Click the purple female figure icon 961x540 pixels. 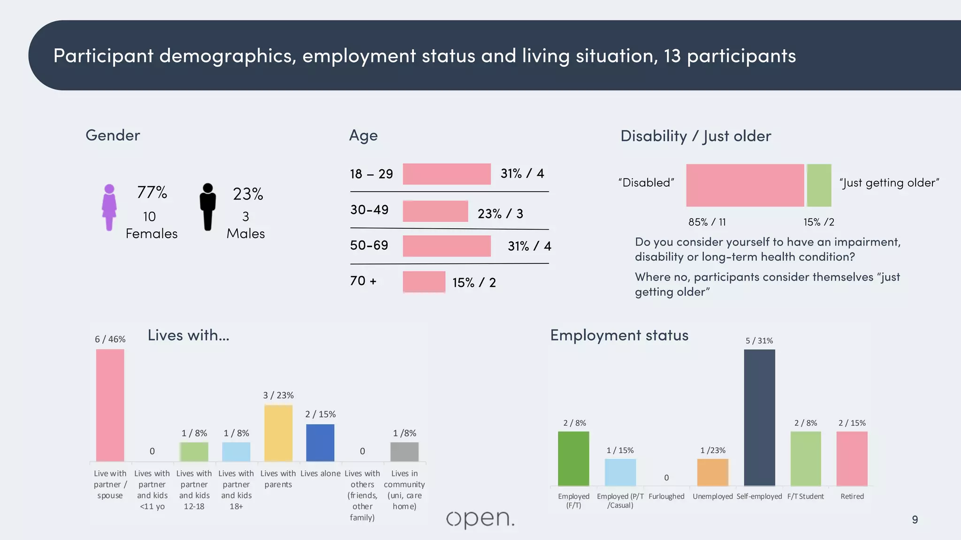[109, 207]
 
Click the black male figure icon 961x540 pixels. [207, 207]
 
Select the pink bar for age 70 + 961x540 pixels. [424, 282]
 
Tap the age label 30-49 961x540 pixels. [369, 210]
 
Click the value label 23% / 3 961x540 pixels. [500, 214]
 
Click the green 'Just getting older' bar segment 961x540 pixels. [819, 185]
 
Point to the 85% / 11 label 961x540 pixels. [707, 222]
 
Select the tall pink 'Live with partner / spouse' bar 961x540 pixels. [110, 405]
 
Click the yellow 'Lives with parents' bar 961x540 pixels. [278, 433]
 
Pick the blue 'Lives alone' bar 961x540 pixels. [320, 442]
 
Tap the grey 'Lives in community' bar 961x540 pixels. [404, 451]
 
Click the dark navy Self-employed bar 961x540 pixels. [759, 417]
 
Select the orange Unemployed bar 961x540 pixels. [712, 472]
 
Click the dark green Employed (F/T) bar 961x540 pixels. [573, 458]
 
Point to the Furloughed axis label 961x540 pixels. [666, 496]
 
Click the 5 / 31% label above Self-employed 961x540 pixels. [759, 341]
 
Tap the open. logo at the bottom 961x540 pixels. [480, 519]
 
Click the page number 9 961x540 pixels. [915, 519]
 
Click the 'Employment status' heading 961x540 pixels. [619, 335]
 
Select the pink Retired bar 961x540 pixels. [852, 458]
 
